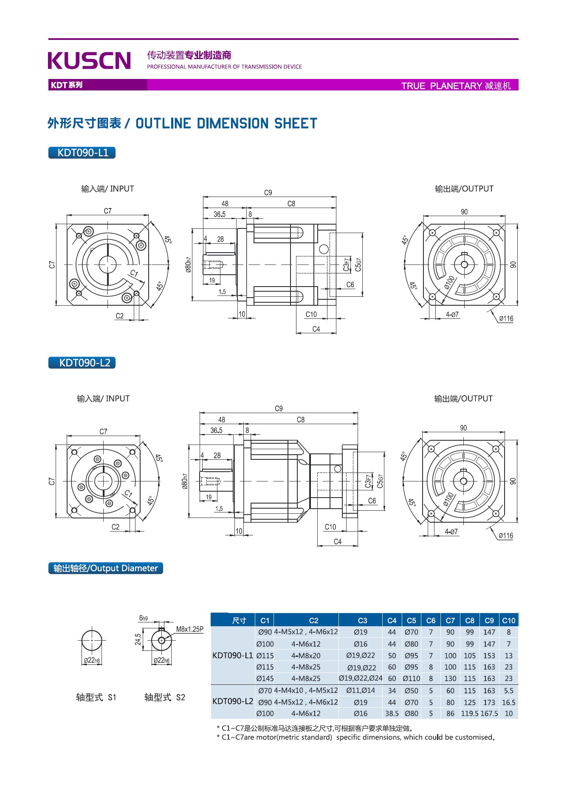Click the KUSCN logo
[x=89, y=60]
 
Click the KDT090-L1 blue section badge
[x=82, y=153]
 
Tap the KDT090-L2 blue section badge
[x=82, y=363]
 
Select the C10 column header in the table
[x=508, y=620]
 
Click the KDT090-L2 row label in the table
[x=233, y=701]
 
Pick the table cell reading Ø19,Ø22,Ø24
[x=361, y=678]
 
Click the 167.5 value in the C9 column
[x=489, y=714]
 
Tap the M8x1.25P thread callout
[x=189, y=629]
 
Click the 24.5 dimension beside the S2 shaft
[x=138, y=639]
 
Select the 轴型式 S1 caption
[x=96, y=697]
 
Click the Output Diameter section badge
[x=106, y=568]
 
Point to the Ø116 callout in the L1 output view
[x=506, y=318]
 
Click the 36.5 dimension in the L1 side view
[x=220, y=214]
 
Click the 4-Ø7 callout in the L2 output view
[x=451, y=532]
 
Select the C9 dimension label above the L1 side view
[x=268, y=193]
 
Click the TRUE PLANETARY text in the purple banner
[x=442, y=86]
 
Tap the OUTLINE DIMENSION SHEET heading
[x=226, y=124]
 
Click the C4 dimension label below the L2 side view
[x=338, y=542]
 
